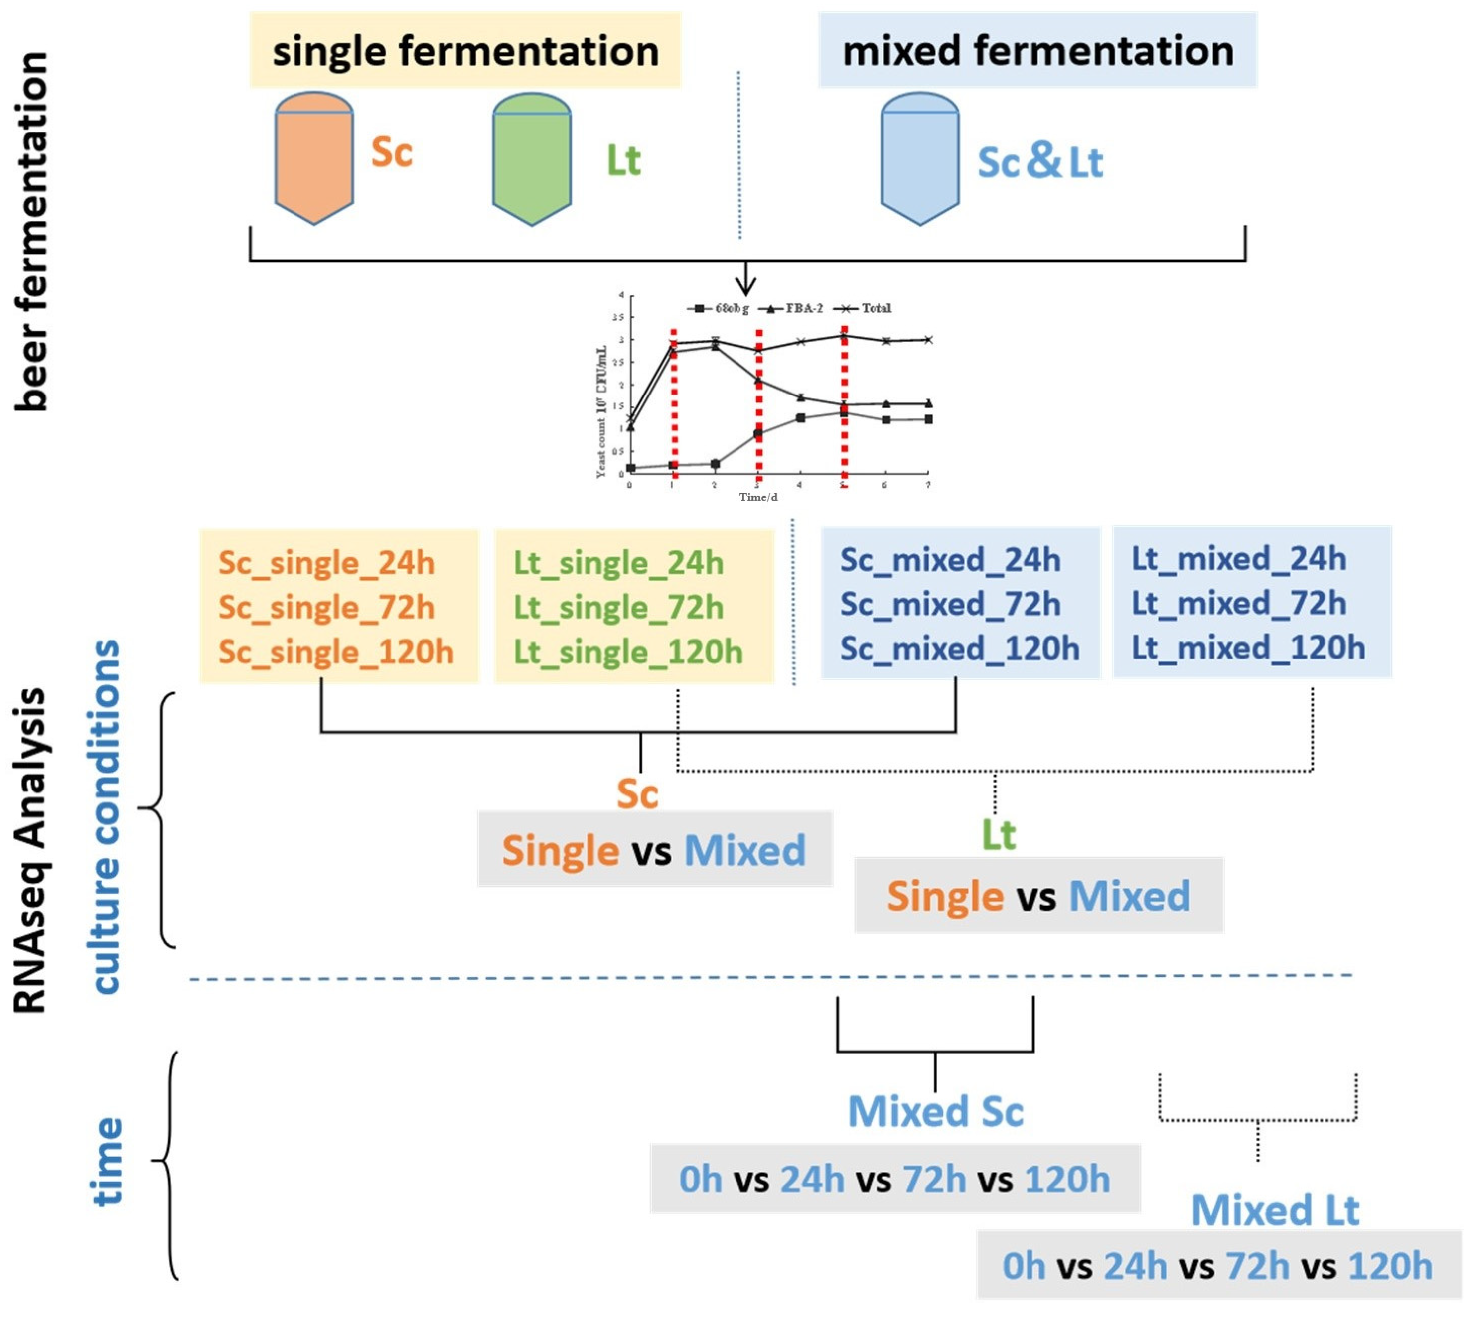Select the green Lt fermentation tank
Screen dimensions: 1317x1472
(x=532, y=159)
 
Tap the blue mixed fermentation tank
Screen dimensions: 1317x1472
(x=919, y=159)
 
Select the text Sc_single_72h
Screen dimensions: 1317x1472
(x=326, y=608)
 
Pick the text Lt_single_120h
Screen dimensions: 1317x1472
(x=628, y=653)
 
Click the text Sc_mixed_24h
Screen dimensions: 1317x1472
(x=950, y=560)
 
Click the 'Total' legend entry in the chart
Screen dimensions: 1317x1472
(x=876, y=308)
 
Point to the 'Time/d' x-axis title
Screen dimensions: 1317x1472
(x=758, y=497)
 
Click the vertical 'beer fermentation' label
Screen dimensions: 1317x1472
(x=32, y=232)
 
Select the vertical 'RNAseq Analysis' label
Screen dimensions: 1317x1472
(x=32, y=850)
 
